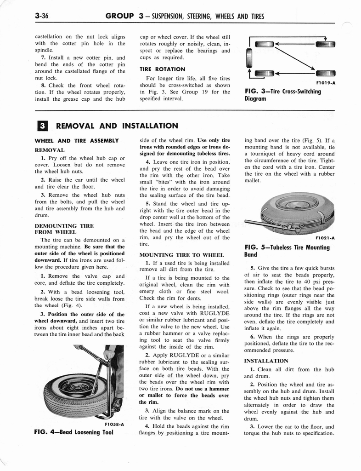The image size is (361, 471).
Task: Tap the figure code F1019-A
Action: coord(325,83)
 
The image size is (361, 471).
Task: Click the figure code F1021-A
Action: coord(325,238)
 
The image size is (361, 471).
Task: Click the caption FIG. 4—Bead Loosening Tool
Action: coord(74,432)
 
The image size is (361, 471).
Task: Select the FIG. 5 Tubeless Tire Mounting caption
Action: coord(287,251)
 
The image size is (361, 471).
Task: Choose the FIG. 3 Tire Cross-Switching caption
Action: coord(283,94)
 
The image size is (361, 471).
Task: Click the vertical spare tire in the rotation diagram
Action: coord(249,59)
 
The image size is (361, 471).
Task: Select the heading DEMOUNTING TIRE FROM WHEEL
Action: coord(64,229)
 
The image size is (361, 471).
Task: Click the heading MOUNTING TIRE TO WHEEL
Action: coord(181,254)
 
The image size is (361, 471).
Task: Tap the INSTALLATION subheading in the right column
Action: coord(266,361)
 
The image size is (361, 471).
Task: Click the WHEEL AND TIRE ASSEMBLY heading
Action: coord(77,140)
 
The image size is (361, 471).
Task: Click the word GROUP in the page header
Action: coord(120,17)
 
